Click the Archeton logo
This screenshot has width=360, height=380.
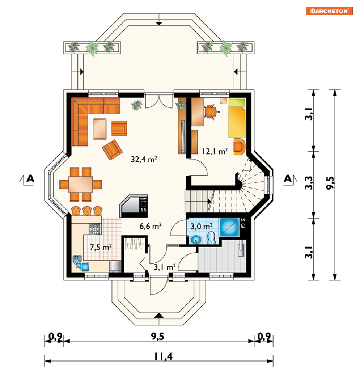pos(329,11)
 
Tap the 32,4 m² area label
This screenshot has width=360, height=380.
pos(144,159)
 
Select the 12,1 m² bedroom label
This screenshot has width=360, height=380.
pos(215,152)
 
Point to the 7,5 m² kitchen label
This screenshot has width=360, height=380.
pos(101,247)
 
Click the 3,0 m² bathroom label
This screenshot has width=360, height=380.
pos(202,226)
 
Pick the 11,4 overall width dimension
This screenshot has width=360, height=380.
pos(164,356)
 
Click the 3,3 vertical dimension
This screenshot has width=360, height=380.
pos(309,183)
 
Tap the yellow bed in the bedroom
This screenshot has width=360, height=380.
pos(237,118)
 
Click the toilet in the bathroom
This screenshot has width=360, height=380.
pos(211,237)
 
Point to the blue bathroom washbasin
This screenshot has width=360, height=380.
pos(196,240)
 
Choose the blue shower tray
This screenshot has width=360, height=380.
pos(229,227)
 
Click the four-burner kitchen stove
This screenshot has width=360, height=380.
pos(94,229)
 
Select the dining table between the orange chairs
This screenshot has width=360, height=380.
pos(80,185)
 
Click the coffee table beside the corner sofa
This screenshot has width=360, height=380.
pos(99,129)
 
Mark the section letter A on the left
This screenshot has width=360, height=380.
pos(30,179)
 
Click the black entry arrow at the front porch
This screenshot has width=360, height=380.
pos(159,315)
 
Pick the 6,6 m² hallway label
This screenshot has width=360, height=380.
pos(151,226)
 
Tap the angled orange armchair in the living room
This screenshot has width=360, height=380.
pos(112,150)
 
